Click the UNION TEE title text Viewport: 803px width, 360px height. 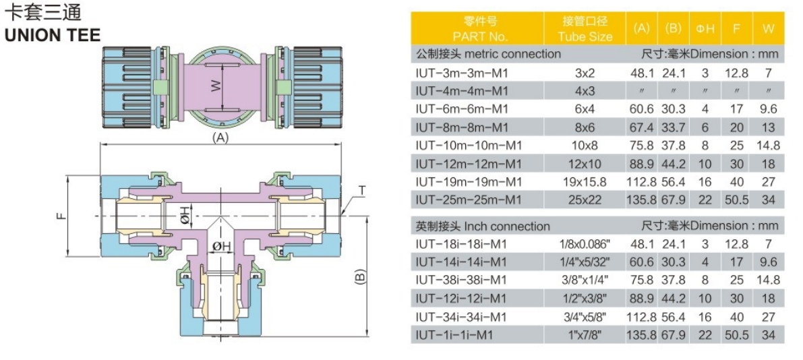53,35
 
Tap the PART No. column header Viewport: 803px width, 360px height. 480,36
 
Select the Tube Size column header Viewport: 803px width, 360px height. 585,36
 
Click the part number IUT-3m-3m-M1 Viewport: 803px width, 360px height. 462,72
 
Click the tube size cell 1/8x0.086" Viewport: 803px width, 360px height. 585,243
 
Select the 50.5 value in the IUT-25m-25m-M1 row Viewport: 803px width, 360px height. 736,200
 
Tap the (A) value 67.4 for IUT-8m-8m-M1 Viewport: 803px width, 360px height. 642,127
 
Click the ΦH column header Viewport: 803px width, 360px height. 705,29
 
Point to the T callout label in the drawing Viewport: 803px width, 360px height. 361,191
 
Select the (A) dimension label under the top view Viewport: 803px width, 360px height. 220,137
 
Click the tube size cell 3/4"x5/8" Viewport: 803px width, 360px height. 585,316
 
